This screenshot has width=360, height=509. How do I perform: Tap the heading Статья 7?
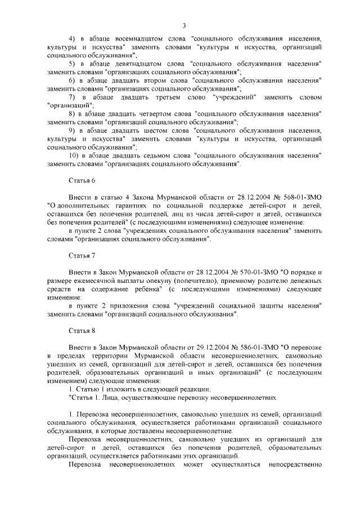click(79, 255)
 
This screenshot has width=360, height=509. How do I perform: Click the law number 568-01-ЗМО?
click(293, 198)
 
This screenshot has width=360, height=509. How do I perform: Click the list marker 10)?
click(73, 156)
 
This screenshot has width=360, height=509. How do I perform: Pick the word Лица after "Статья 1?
click(110, 397)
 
